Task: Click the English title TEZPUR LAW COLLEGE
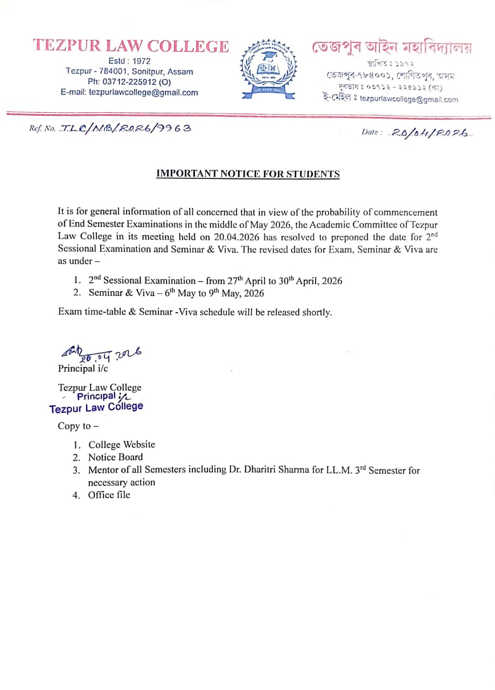[x=131, y=46]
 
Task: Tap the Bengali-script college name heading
[x=392, y=47]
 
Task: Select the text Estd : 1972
[x=129, y=61]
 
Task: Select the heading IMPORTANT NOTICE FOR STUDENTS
[x=248, y=174]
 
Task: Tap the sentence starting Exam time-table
[x=195, y=312]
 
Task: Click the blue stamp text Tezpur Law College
[x=96, y=408]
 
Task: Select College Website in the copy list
[x=122, y=445]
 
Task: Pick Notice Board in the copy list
[x=116, y=457]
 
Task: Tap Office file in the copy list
[x=109, y=495]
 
